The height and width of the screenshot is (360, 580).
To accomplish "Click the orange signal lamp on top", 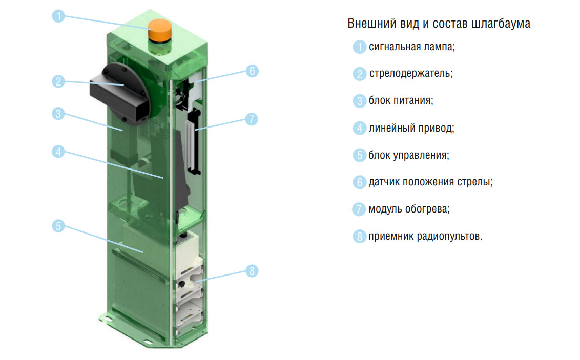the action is click(160, 31).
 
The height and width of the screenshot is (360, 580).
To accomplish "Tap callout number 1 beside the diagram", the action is click(58, 16).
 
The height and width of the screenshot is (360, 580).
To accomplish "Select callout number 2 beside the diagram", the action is click(58, 81).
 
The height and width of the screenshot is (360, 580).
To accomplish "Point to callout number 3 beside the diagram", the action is click(58, 114).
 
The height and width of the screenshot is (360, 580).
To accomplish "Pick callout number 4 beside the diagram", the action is click(58, 152).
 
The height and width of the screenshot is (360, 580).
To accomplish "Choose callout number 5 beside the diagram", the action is click(58, 226).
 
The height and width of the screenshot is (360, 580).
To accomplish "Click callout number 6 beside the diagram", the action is click(252, 71).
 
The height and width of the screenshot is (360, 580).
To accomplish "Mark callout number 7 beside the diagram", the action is click(252, 119).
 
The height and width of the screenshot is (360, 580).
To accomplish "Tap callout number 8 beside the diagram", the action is click(252, 271).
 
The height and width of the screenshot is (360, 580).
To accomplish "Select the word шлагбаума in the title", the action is click(501, 24).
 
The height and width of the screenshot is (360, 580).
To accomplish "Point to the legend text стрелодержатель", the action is click(410, 74).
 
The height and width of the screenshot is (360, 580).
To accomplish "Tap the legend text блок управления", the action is click(408, 155).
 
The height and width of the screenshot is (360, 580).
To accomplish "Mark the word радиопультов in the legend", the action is click(449, 236).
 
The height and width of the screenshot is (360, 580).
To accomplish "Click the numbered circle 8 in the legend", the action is click(359, 236).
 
